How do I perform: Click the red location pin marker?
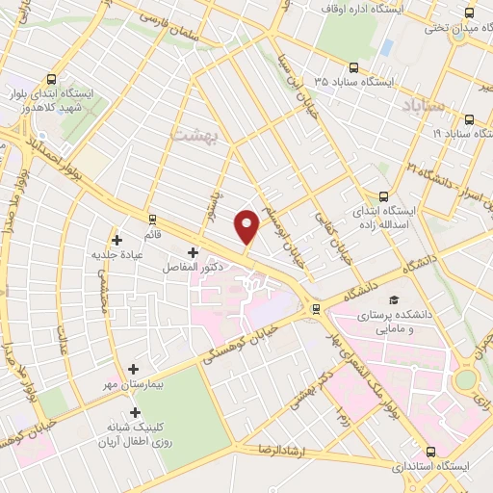pos(247,225)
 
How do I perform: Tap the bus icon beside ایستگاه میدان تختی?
pos(469,13)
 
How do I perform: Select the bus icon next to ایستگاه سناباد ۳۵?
pos(353,68)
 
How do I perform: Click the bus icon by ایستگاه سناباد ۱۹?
pos(469,120)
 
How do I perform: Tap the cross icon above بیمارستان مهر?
pos(134,369)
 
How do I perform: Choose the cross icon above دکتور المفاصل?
pos(193,252)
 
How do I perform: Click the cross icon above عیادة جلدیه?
pos(117,240)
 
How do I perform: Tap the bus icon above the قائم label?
pos(151,221)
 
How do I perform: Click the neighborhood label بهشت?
pos(195,136)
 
